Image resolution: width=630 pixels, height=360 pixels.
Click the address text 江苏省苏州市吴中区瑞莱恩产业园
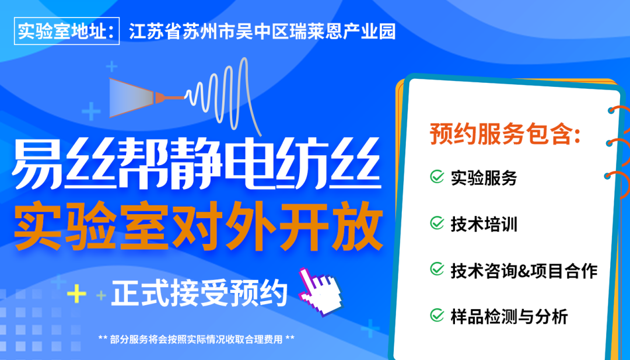click(x=262, y=31)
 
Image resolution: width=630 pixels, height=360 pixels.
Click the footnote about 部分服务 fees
click(x=197, y=338)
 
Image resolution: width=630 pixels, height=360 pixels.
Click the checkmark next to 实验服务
click(x=437, y=177)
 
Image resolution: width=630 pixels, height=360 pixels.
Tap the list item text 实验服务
click(x=484, y=177)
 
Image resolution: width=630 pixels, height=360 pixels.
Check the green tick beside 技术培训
click(x=437, y=223)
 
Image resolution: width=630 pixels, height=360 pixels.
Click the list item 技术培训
click(x=484, y=224)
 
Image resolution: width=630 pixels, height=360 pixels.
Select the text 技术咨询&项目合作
click(x=524, y=270)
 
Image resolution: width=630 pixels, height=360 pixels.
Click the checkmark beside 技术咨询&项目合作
click(x=437, y=270)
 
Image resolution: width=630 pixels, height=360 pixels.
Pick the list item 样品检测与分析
click(x=509, y=317)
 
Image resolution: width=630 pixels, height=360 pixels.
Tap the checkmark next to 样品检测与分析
click(x=437, y=316)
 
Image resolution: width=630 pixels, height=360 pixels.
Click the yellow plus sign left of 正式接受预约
click(x=76, y=294)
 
